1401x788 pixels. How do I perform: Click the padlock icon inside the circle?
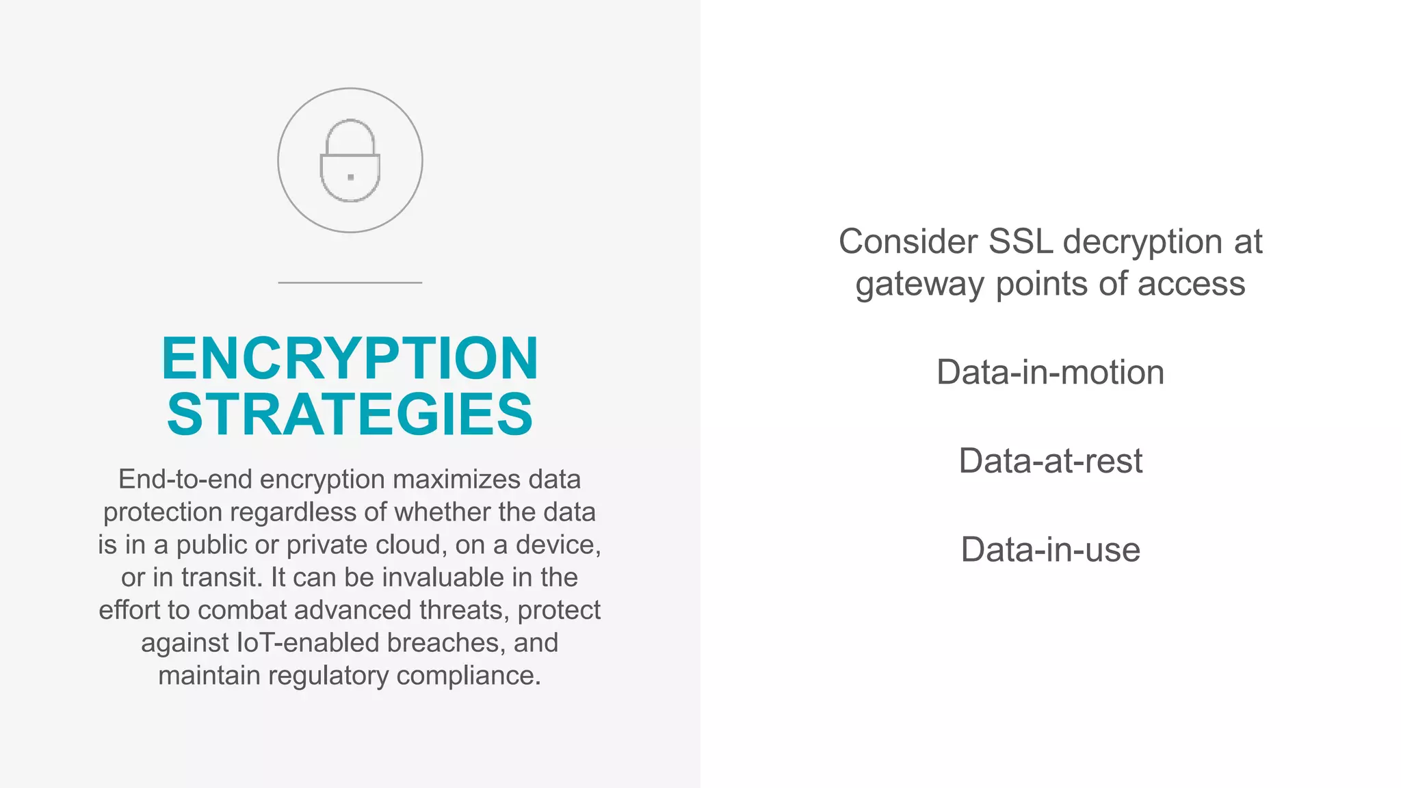(x=350, y=161)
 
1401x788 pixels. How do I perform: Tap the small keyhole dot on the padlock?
(x=351, y=177)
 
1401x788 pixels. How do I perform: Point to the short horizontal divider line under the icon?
(x=350, y=283)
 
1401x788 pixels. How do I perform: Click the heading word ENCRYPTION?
(x=350, y=358)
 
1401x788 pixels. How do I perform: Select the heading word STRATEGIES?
(x=350, y=415)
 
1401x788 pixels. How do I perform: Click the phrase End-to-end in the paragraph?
(x=185, y=480)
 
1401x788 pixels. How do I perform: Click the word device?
(x=558, y=545)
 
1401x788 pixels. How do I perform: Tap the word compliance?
(x=469, y=676)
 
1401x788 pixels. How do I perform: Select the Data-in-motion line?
(x=1050, y=373)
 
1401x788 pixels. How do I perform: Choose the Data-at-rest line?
(x=1050, y=461)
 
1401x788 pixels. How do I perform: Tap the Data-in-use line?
(x=1050, y=550)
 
